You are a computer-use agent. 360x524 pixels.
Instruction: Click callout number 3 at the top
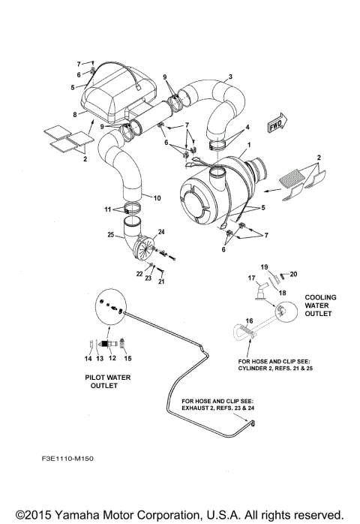click(230, 77)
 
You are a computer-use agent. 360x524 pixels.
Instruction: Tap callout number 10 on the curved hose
click(157, 198)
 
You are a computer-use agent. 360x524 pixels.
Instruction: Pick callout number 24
click(160, 232)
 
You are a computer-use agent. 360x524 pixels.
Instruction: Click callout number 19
click(263, 267)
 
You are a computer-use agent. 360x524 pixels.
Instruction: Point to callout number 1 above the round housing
click(249, 145)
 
